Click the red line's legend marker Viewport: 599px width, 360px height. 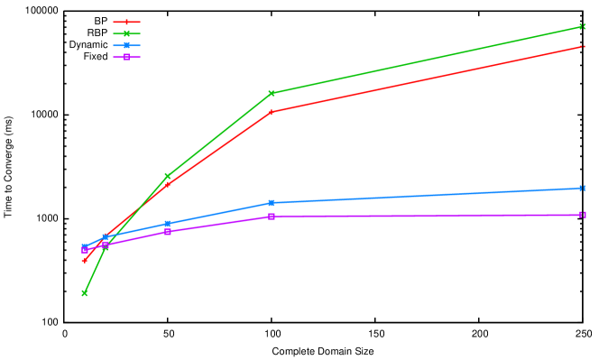pyautogui.click(x=126, y=22)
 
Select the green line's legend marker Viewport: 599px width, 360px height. pyautogui.click(x=126, y=33)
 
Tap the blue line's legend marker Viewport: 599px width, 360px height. pyautogui.click(x=126, y=45)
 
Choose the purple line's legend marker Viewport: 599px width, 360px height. pyautogui.click(x=126, y=57)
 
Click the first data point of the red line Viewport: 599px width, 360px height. pyautogui.click(x=85, y=260)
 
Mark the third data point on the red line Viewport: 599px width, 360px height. pyautogui.click(x=168, y=184)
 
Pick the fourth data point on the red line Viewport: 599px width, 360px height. pyautogui.click(x=272, y=112)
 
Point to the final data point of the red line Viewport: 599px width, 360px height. pyautogui.click(x=584, y=46)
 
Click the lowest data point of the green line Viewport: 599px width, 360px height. pyautogui.click(x=85, y=293)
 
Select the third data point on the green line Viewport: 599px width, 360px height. pyautogui.click(x=168, y=176)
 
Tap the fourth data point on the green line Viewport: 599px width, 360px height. pyautogui.click(x=272, y=93)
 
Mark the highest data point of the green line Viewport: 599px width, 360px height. pyautogui.click(x=584, y=27)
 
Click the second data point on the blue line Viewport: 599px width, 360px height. pyautogui.click(x=106, y=237)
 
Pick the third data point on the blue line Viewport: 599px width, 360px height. pyautogui.click(x=168, y=224)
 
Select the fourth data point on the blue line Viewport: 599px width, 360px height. pyautogui.click(x=272, y=203)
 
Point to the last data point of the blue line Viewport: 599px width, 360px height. pyautogui.click(x=584, y=189)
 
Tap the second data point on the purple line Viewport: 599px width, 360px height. pyautogui.click(x=106, y=245)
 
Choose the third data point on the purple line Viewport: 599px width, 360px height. pyautogui.click(x=168, y=232)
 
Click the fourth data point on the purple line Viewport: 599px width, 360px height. pyautogui.click(x=272, y=217)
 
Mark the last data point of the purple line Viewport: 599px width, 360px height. pyautogui.click(x=584, y=215)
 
